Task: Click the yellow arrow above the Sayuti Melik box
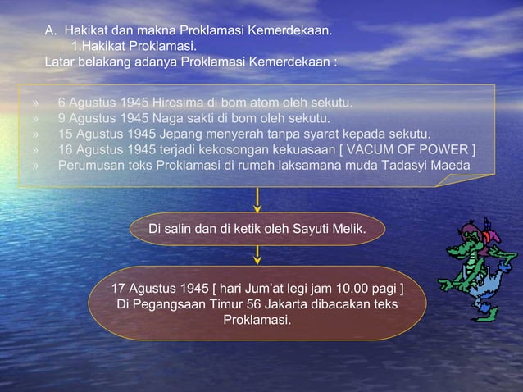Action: (258, 200)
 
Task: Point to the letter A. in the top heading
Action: (50, 31)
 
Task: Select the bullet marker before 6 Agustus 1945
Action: (36, 104)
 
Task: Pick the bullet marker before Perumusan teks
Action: (36, 166)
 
